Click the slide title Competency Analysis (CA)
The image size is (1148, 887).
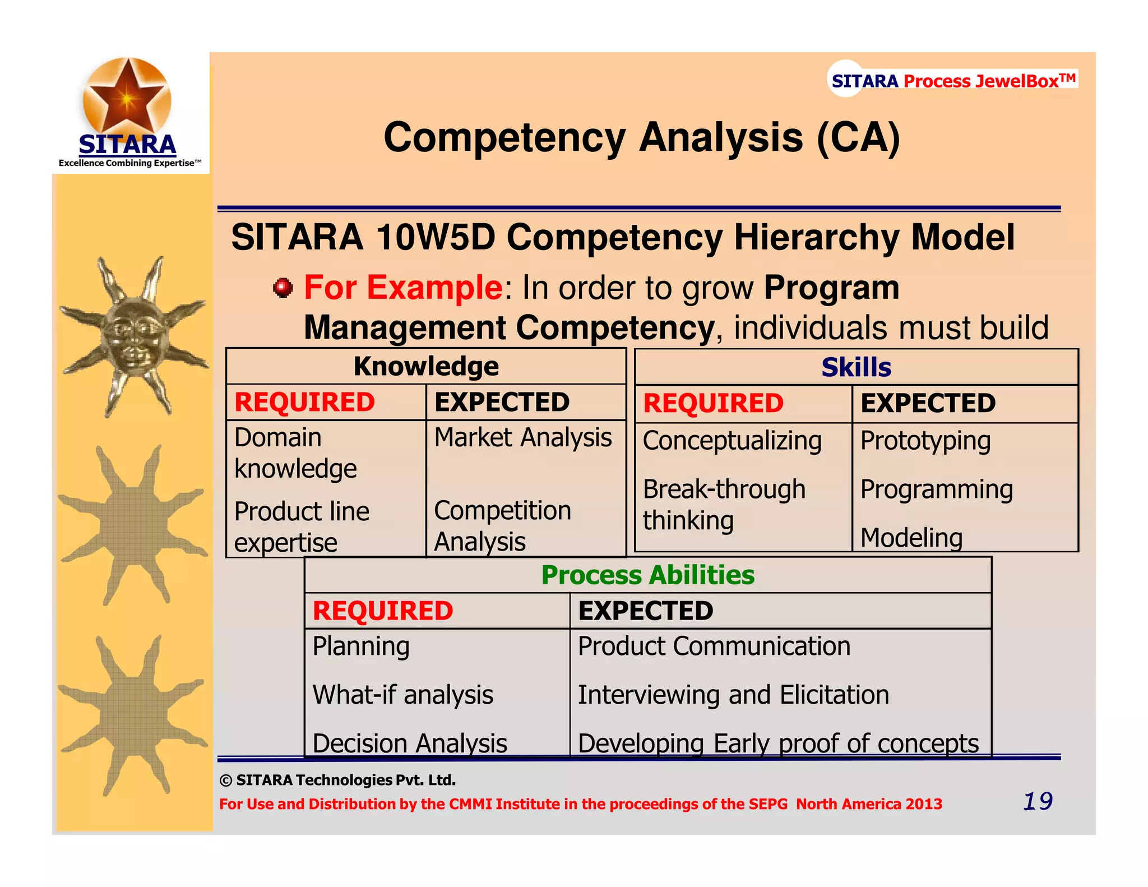tap(641, 138)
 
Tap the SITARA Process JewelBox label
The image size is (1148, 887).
tap(953, 81)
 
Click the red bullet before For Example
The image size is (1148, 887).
tap(283, 288)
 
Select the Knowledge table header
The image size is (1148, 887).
tap(426, 367)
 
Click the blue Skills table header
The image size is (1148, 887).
tap(856, 368)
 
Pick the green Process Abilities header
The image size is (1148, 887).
tap(647, 575)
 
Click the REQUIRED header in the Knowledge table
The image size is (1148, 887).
tap(304, 403)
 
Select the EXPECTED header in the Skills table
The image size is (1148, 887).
tap(928, 404)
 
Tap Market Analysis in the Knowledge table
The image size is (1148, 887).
tap(522, 437)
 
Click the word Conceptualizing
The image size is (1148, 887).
tap(732, 441)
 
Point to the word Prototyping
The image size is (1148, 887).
tap(925, 441)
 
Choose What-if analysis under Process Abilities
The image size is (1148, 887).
tap(402, 695)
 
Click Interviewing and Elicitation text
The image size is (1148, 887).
tap(733, 695)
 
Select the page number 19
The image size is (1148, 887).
tap(1037, 801)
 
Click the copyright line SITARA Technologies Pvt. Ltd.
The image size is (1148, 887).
tap(338, 780)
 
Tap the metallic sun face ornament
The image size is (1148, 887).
tap(133, 336)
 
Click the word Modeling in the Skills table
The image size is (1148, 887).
tap(911, 538)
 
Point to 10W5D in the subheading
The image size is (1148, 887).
tap(436, 237)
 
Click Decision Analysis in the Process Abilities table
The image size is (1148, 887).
tap(409, 743)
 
